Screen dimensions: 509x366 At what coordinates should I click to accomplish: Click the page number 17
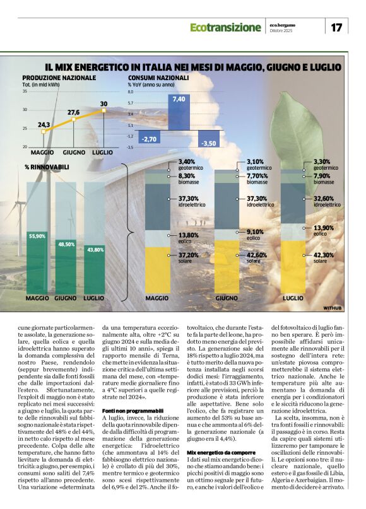(x=336, y=27)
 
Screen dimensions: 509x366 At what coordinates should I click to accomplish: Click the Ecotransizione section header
(x=225, y=28)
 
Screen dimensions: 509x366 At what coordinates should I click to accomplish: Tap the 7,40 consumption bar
(x=179, y=100)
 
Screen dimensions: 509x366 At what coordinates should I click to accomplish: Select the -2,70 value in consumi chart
(x=150, y=139)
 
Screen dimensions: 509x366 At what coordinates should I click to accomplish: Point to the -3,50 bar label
(x=208, y=143)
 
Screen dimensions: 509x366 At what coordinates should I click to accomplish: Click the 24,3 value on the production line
(x=44, y=125)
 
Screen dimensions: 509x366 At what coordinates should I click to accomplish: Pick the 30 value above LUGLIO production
(x=103, y=104)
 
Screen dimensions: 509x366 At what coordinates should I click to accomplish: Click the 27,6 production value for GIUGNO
(x=74, y=112)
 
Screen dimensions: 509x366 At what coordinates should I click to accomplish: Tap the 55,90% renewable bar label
(x=37, y=236)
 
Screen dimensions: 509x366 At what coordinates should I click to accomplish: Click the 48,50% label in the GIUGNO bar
(x=66, y=243)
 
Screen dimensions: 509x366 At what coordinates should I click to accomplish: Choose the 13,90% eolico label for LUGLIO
(x=324, y=227)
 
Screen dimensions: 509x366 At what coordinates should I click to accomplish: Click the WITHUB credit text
(x=332, y=308)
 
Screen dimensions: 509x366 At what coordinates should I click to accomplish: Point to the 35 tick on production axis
(x=25, y=92)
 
